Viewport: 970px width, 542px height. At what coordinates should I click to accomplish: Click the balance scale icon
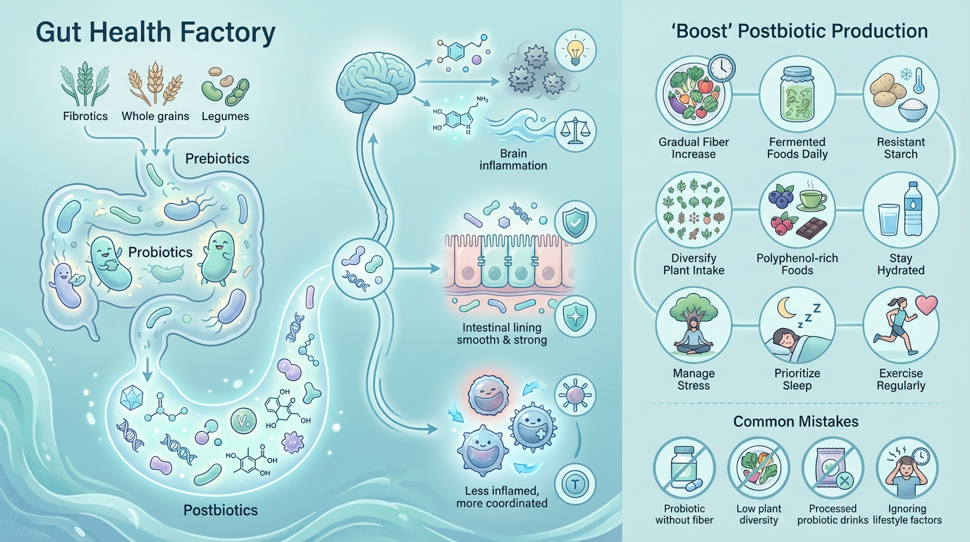[x=575, y=131]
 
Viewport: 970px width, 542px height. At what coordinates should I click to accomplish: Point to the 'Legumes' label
[x=226, y=116]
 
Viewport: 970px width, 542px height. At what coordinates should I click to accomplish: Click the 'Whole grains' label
[x=155, y=116]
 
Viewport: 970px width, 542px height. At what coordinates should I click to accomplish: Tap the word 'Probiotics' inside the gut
[x=160, y=252]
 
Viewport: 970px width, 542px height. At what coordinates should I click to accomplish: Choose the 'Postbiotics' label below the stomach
[x=221, y=510]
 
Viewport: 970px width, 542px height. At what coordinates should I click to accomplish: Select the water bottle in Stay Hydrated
[x=913, y=210]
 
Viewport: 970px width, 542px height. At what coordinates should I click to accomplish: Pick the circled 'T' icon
[x=575, y=484]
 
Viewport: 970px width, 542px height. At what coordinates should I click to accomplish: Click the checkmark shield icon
[x=575, y=222]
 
